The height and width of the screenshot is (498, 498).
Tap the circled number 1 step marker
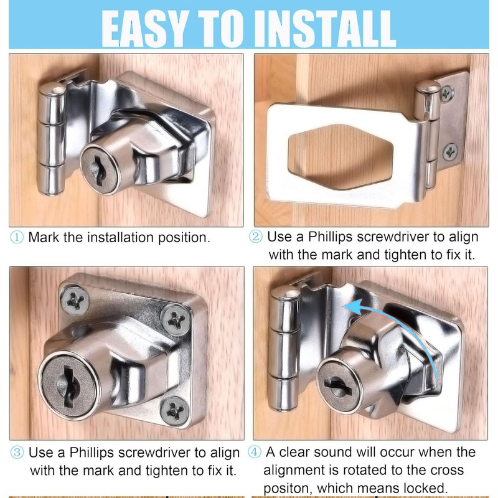pos(17,237)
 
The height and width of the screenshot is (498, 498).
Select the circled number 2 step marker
pos(256,237)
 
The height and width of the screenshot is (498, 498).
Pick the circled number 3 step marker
pos(17,452)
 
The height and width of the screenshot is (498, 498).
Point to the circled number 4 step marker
pos(256,452)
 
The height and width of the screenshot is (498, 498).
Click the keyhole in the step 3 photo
pos(71,381)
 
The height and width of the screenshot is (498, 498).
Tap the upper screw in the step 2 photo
pos(447,93)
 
